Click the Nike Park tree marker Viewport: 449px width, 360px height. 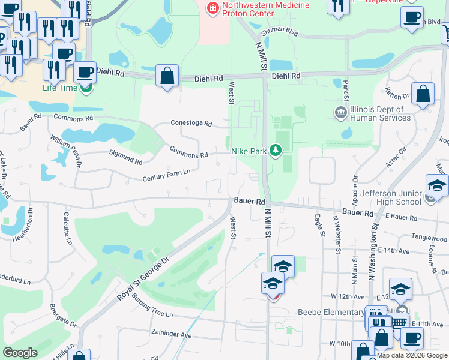pyautogui.click(x=276, y=150)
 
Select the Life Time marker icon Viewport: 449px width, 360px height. pyautogui.click(x=87, y=88)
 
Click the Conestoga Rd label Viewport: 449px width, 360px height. pyautogui.click(x=191, y=124)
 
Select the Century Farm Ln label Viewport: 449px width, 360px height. pyautogui.click(x=166, y=175)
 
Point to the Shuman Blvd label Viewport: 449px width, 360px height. pyautogui.click(x=283, y=29)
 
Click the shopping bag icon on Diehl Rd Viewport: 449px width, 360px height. pyautogui.click(x=167, y=76)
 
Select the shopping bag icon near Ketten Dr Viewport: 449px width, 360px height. pyautogui.click(x=423, y=94)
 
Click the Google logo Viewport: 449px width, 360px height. pyautogui.click(x=20, y=353)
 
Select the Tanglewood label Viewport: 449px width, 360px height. pyautogui.click(x=429, y=237)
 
